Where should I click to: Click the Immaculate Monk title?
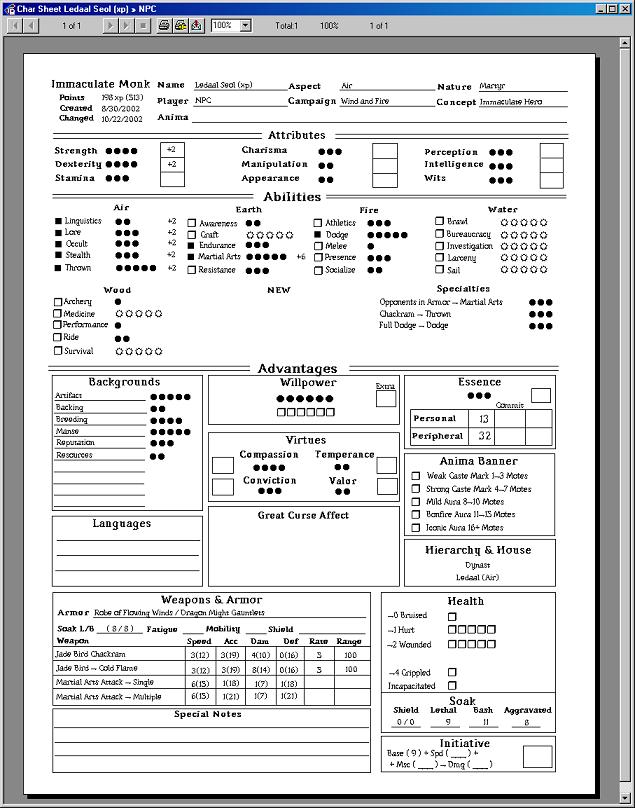coord(100,85)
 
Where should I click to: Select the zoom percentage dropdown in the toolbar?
coord(231,25)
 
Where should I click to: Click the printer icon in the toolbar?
coord(164,25)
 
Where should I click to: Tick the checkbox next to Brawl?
coord(439,221)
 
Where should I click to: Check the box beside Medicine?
coord(58,313)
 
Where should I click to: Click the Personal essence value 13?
coord(484,419)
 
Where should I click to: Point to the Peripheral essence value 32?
coord(484,436)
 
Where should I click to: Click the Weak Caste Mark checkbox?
coord(416,476)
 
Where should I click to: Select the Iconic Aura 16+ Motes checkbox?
coord(416,527)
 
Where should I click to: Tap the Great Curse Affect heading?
coord(303,515)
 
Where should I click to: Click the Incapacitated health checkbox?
coord(452,686)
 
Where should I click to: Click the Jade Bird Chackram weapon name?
coord(90,654)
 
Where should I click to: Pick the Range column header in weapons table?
coord(349,641)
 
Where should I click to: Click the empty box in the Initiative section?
coord(537,757)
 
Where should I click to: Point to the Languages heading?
coord(121,524)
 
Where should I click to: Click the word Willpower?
coord(307,383)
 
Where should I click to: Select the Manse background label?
coord(68,432)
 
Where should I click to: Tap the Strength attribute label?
coord(76,151)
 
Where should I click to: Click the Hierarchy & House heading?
coord(478,550)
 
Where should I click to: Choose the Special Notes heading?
coord(207,714)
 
